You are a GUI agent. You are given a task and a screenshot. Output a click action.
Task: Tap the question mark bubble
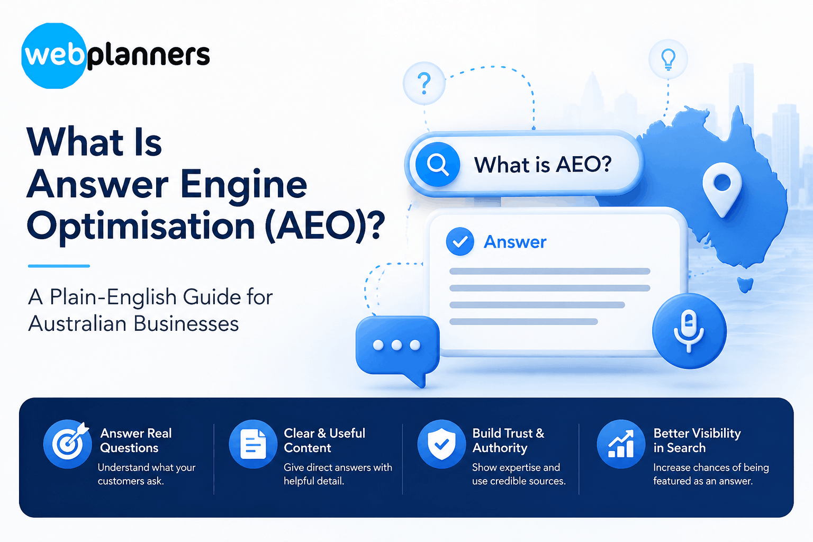pos(424,84)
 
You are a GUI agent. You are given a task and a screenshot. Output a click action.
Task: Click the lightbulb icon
pos(668,59)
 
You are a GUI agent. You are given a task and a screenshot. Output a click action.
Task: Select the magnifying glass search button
pos(438,164)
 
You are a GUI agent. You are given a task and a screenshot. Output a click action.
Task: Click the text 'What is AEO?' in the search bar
pos(543,165)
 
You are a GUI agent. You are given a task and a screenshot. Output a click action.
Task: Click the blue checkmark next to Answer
pos(460,241)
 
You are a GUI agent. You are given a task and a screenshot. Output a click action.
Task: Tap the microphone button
pos(689,331)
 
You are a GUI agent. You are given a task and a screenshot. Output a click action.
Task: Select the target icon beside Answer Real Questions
pos(68,444)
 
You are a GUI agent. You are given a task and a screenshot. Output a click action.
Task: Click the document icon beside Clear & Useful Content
pos(254,444)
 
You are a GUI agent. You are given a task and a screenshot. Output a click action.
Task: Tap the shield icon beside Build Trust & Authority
pos(442,444)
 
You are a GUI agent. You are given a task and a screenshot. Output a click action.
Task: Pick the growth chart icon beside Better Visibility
pos(621,444)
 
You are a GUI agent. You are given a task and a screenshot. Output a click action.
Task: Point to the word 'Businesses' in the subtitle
pos(186,323)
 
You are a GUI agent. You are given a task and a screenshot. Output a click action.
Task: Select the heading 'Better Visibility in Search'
pos(697,440)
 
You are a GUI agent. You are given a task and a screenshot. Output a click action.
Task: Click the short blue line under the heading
pos(59,266)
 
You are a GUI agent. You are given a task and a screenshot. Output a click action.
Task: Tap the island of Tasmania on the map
pos(745,284)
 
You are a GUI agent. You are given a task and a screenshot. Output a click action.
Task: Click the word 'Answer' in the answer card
pos(515,242)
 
